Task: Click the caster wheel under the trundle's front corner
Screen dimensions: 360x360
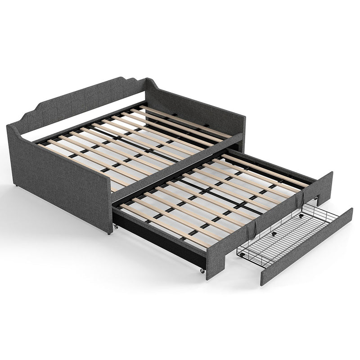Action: point(202,270)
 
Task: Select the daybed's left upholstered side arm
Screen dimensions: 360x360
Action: point(58,175)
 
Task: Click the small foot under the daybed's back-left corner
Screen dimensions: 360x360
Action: point(16,185)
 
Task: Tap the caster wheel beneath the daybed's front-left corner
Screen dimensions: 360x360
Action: point(109,233)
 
